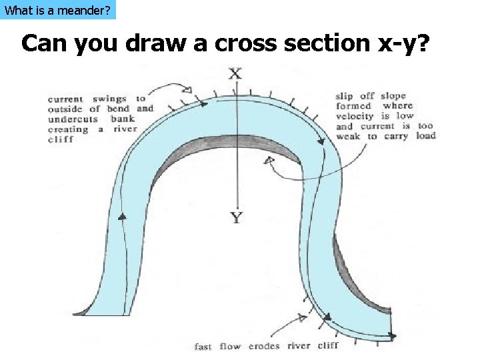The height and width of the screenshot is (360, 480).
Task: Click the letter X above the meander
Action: click(x=235, y=73)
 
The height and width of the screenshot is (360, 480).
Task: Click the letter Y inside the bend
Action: click(x=236, y=218)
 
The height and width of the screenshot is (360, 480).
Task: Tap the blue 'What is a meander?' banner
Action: click(x=58, y=10)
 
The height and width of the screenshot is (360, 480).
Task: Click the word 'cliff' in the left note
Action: click(x=60, y=140)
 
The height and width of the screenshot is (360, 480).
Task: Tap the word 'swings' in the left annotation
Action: click(x=109, y=99)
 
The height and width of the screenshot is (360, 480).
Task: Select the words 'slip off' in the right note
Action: click(x=355, y=96)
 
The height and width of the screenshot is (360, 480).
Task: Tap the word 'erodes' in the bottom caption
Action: click(x=265, y=346)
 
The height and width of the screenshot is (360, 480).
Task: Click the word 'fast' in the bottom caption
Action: click(x=203, y=346)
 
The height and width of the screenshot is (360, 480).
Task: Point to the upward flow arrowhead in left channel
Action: click(x=123, y=217)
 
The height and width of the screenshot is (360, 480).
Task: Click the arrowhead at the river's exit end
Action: click(x=393, y=336)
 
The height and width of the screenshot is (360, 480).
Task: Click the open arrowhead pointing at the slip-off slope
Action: click(x=269, y=161)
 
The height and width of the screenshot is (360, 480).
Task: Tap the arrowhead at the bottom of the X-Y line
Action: click(x=236, y=205)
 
